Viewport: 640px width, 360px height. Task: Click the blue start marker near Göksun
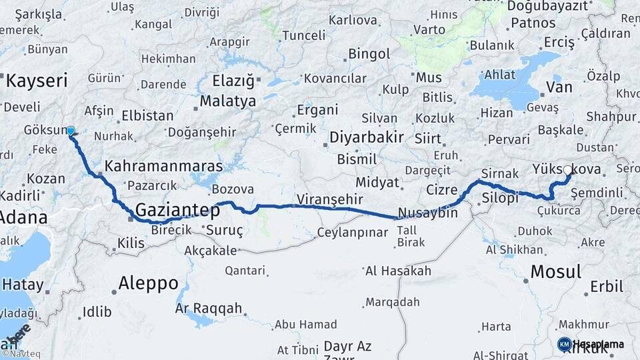[x=71, y=131]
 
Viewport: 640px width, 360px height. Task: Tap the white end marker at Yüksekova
[x=568, y=171]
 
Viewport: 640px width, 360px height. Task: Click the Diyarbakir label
[x=367, y=138]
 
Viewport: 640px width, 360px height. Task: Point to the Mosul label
[x=555, y=271]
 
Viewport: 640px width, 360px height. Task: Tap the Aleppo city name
[x=148, y=283]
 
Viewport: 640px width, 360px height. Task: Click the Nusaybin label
[x=427, y=213]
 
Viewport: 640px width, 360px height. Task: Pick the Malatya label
[x=228, y=102]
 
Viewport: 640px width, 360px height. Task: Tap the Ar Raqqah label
[x=209, y=309]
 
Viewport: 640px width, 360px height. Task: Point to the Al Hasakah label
[x=398, y=271]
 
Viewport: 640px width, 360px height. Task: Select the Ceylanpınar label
[x=352, y=233]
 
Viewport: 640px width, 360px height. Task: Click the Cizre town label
[x=442, y=189]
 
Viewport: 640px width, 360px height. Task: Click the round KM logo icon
[x=564, y=344]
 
